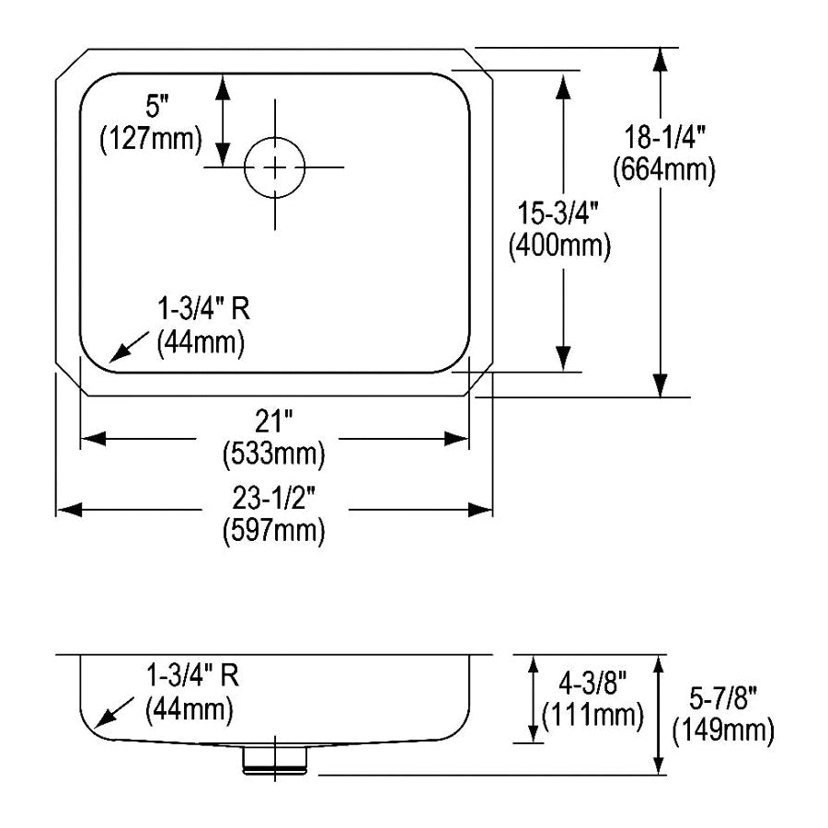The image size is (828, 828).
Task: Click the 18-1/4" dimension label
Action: point(665,137)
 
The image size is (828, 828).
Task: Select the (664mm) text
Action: point(664,170)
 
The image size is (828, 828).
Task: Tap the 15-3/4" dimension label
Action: point(558,213)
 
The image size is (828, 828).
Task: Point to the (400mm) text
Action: point(559,246)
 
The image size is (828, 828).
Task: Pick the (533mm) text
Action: point(274,454)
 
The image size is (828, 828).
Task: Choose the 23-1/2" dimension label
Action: point(273,498)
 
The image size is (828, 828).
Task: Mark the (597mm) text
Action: point(274,530)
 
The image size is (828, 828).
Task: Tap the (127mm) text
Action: point(151,140)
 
